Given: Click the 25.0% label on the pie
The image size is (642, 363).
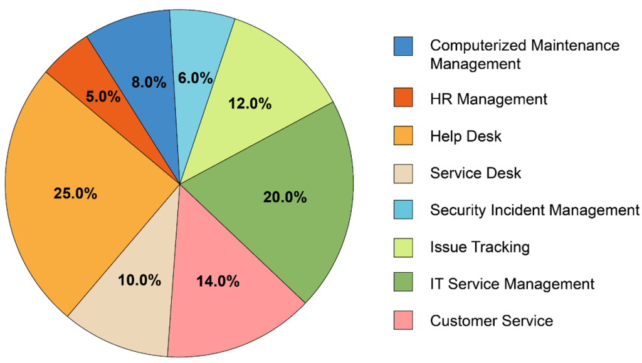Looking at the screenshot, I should coord(75,193).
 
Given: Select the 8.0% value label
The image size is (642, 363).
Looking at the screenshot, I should coord(149,82).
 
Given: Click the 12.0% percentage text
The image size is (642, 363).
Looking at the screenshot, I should coord(250,103).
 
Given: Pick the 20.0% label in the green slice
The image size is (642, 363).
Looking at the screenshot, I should coord(285,198).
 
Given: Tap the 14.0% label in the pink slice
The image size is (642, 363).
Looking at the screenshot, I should coord(218,281).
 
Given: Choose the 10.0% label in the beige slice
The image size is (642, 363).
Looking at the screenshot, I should coord(140,280).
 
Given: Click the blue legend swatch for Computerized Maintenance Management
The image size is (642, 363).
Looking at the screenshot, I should coord(403,46).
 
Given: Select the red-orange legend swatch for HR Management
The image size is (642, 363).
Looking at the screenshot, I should coord(403,99).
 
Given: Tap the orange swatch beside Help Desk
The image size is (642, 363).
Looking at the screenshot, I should coord(403,136).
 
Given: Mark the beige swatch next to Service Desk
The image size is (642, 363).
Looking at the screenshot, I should coord(403,173).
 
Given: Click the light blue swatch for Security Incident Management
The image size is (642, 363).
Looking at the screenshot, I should coord(403,210).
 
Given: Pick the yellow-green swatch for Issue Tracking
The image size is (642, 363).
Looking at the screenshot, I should coord(403,247).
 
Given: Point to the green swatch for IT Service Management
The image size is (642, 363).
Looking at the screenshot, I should coord(403,284).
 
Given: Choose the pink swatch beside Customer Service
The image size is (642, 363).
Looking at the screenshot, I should coord(403,321).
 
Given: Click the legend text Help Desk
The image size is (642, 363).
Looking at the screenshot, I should coord(466,136).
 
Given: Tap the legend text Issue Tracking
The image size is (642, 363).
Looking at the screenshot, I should coord(480,247).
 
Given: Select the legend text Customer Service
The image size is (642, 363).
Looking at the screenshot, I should coord(492,321).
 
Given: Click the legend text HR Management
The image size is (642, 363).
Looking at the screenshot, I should coord(488,99).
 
